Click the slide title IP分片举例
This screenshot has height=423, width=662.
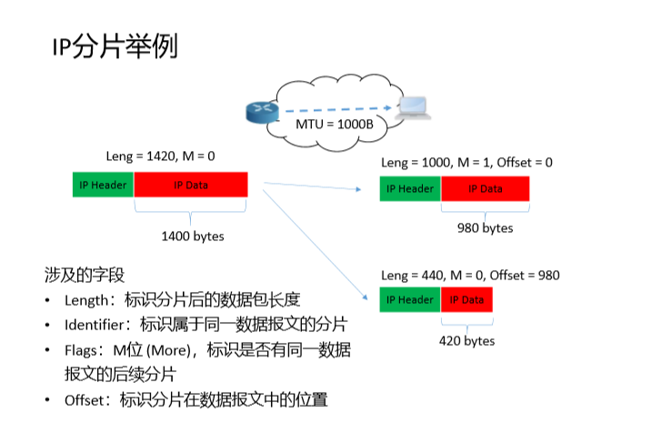114,47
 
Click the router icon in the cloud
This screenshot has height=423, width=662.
260,112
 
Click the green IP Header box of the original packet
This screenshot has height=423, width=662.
103,185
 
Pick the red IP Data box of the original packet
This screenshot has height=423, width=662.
191,185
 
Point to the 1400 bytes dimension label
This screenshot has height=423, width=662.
192,237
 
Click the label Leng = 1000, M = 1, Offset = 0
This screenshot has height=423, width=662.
466,162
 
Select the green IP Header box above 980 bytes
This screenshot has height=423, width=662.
410,188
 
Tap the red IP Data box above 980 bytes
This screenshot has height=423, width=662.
485,188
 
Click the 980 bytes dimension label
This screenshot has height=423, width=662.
485,227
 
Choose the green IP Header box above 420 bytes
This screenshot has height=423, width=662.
410,300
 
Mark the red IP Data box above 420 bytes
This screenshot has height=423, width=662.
466,300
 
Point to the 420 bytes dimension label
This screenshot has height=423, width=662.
466,340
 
